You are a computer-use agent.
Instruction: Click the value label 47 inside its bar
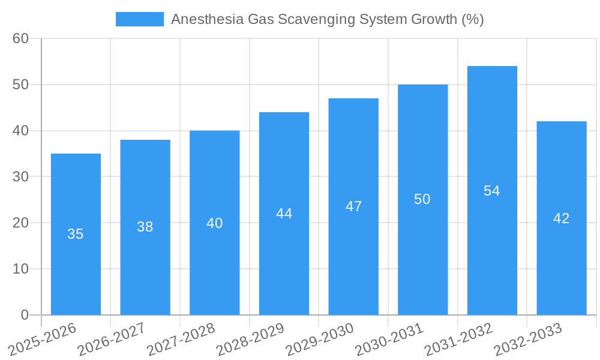pos(353,206)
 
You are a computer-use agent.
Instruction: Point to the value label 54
pos(492,191)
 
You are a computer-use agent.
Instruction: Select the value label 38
pos(145,227)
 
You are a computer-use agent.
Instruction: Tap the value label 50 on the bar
pos(422,199)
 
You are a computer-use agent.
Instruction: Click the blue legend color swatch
pos(139,19)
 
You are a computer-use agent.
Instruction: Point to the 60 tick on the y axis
pos(21,38)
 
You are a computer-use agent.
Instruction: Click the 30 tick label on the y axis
pos(21,176)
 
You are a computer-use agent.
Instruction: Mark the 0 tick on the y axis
pos(25,315)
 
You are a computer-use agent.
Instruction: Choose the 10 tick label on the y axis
pos(21,269)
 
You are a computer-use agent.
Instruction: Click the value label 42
pos(562,218)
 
